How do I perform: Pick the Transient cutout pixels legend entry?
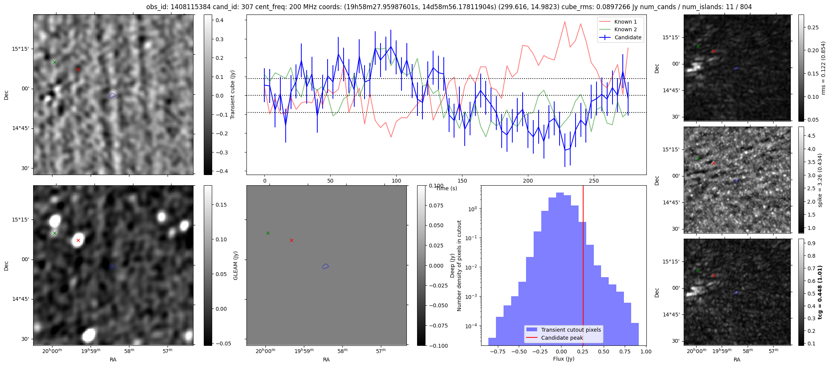[571, 330]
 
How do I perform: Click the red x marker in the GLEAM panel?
[291, 240]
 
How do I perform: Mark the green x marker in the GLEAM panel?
[268, 233]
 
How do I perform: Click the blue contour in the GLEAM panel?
[325, 266]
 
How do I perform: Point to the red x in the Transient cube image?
[78, 69]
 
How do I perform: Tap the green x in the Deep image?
[54, 233]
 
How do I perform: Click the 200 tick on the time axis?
[528, 181]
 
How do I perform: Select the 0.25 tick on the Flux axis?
[582, 352]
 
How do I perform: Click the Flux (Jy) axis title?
[563, 359]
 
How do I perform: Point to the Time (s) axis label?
[446, 188]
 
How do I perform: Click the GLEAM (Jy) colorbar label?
[235, 266]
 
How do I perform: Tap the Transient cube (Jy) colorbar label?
[233, 95]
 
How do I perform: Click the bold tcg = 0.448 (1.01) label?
[820, 292]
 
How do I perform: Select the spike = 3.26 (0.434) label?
[820, 180]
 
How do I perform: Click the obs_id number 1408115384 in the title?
[186, 7]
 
